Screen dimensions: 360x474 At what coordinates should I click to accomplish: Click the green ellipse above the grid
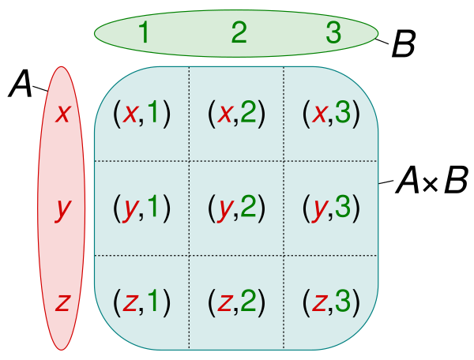coord(236,33)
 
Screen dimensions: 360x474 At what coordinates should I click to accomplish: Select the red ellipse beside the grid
coord(62,208)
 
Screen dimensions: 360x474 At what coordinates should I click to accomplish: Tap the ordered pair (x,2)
coord(236,114)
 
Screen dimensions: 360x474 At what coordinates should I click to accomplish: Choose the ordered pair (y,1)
coord(141,208)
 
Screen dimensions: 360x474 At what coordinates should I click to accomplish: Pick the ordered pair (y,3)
coord(331,208)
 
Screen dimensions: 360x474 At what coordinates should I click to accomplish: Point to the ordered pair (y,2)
coord(236,208)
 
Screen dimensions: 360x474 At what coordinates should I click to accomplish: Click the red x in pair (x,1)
coord(129,115)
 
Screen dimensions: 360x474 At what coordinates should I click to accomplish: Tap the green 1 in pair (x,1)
coord(153,114)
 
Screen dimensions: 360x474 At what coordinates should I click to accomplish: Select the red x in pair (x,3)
coord(319,115)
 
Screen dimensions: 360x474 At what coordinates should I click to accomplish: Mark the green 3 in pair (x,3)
coord(343,114)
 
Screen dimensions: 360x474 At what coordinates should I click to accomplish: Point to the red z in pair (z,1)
coord(129,302)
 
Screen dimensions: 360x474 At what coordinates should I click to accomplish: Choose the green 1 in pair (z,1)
coord(153,301)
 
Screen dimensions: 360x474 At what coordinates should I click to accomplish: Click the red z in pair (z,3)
coord(319,302)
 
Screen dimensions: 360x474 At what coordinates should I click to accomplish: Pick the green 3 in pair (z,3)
coord(343,301)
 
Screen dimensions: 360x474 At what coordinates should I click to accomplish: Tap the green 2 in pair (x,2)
coord(248,114)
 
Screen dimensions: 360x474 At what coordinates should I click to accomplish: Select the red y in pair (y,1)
coord(130,210)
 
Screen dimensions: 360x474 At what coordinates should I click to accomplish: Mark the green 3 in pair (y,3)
coord(343,208)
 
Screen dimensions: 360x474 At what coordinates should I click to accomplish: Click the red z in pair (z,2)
coord(224,302)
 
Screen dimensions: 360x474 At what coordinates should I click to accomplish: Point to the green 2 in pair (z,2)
coord(248,301)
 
